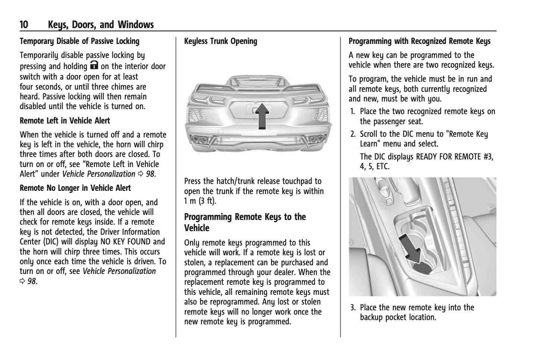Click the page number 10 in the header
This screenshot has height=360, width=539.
[24, 25]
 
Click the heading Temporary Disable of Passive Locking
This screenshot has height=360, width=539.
[79, 41]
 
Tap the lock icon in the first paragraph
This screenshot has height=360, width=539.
[94, 66]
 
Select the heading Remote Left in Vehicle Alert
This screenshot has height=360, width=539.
[65, 121]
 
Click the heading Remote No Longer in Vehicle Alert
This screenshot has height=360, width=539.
[75, 188]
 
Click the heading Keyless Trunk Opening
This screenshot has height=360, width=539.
[220, 41]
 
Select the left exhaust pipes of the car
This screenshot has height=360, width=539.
[200, 140]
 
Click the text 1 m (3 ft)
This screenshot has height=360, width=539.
[200, 201]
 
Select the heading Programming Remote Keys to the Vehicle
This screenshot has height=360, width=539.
[245, 222]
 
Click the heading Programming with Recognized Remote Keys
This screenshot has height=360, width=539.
[419, 41]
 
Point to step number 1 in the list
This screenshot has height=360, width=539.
[352, 111]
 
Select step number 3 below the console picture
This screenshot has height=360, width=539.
[352, 308]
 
